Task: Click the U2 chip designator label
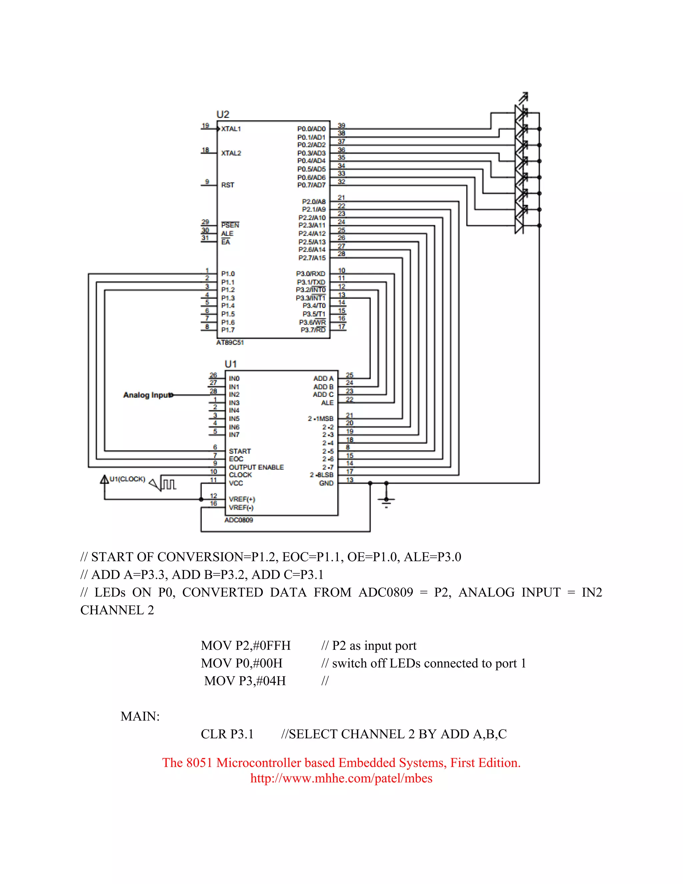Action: (x=223, y=114)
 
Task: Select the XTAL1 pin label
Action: (x=231, y=129)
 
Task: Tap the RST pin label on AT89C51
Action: (x=227, y=185)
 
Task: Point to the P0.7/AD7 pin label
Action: (x=311, y=185)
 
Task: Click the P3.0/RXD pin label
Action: (x=310, y=274)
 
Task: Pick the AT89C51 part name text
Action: (x=230, y=343)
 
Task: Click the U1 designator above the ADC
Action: (x=231, y=364)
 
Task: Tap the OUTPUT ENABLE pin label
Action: (x=256, y=467)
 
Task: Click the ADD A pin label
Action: (x=323, y=379)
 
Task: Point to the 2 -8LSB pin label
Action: (x=322, y=475)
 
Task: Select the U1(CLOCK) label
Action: (x=127, y=479)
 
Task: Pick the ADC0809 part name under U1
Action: (x=239, y=520)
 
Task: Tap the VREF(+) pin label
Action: (x=242, y=499)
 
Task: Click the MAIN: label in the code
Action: (x=140, y=717)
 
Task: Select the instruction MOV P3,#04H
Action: (x=245, y=681)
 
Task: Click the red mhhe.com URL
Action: (x=341, y=778)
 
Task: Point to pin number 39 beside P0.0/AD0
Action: (x=341, y=126)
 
